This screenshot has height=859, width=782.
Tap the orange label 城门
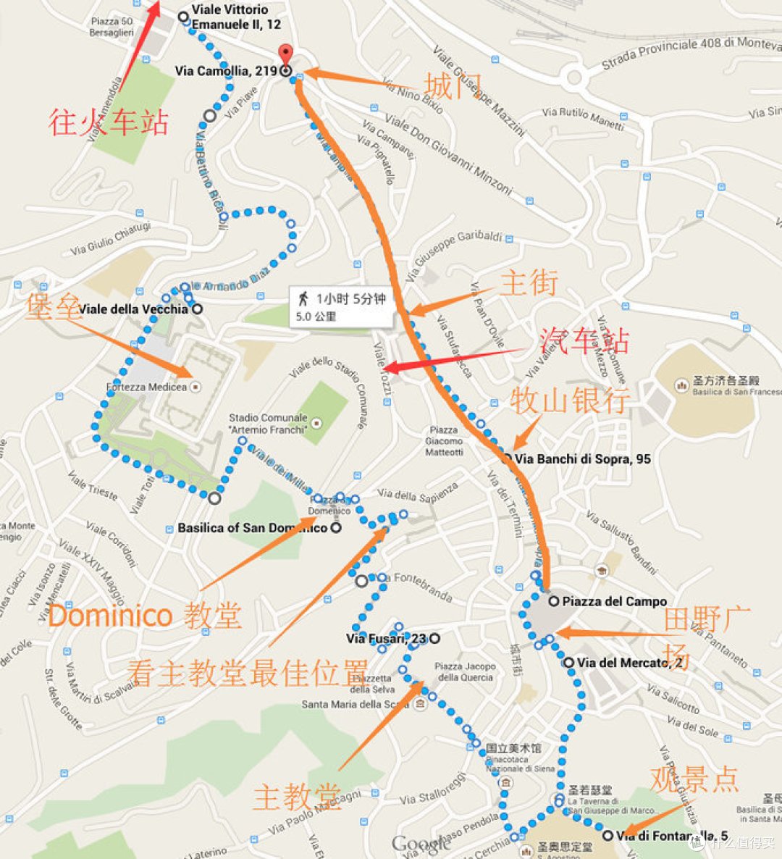pos(453,86)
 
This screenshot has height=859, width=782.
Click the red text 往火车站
pos(109,122)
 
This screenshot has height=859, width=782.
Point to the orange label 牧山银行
pos(569,401)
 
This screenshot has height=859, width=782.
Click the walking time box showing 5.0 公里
pos(341,307)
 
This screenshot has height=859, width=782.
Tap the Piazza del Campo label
pos(614,601)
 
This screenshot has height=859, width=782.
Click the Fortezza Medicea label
pos(147,387)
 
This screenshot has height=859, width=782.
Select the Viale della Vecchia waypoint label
pos(133,309)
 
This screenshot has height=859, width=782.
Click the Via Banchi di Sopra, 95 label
pos(582,458)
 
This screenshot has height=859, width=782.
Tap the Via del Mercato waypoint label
pos(630,663)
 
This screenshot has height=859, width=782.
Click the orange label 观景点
pos(694,779)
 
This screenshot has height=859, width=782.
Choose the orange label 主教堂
pos(296,797)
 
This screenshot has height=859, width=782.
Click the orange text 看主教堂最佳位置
pos(247,673)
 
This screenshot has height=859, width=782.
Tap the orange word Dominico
pos(110,616)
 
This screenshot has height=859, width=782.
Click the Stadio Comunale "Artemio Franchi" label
pos(268,424)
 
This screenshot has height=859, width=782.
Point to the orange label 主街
pos(529,282)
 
